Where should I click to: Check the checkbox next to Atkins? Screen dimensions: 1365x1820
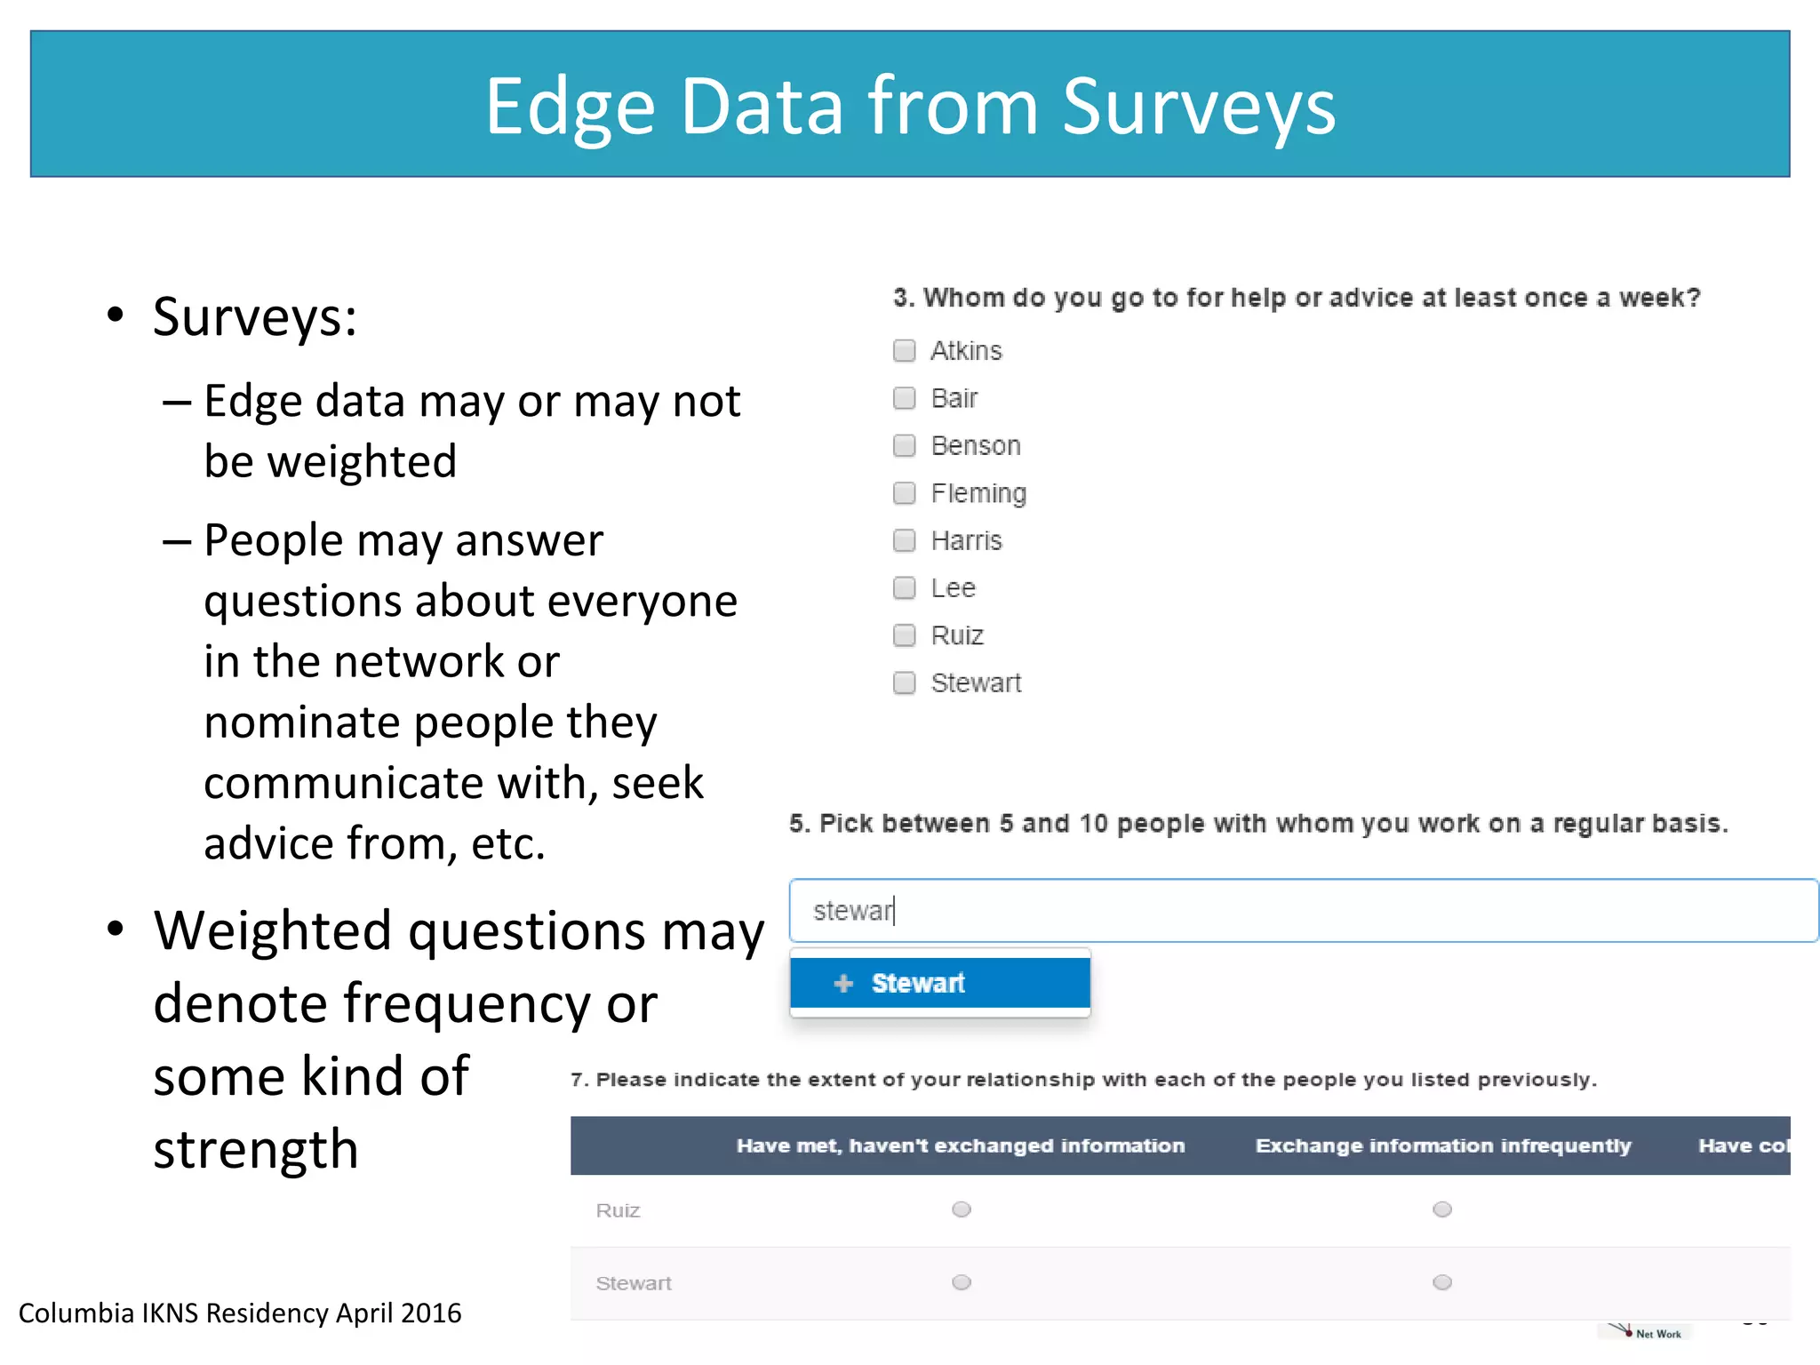[x=904, y=351]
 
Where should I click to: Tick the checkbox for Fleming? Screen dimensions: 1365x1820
[x=904, y=493]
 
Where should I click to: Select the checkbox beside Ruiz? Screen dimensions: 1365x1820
[x=904, y=635]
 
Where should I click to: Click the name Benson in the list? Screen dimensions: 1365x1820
[x=975, y=445]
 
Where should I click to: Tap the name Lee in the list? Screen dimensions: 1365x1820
[x=953, y=588]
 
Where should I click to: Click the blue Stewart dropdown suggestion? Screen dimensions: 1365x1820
[x=939, y=983]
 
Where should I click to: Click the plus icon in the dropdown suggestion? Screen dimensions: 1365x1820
[x=843, y=983]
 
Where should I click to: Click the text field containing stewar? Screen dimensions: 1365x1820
[x=1303, y=911]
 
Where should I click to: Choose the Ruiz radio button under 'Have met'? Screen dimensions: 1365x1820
[x=961, y=1209]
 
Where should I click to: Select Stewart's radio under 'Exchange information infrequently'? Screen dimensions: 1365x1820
[x=1441, y=1282]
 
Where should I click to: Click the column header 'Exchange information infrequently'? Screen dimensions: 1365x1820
[x=1442, y=1145]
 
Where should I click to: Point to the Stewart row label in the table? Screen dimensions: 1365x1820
[x=633, y=1283]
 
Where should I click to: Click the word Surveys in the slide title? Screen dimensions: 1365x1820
[x=1198, y=107]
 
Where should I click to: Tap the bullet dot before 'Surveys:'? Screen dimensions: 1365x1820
[x=115, y=315]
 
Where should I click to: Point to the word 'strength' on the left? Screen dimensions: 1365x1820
[x=256, y=1149]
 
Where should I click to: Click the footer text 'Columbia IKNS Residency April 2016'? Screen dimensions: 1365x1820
[x=240, y=1313]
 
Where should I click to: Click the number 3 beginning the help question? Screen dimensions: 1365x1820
[x=901, y=298]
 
